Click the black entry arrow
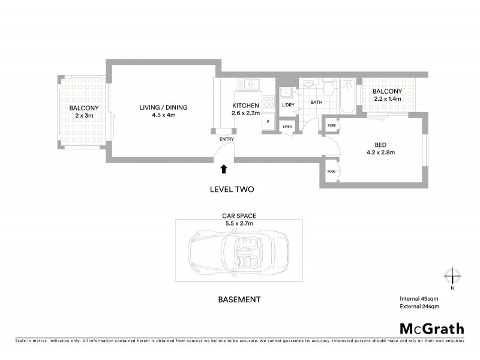224,169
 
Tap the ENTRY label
226,140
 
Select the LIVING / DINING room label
163,107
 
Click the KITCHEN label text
245,106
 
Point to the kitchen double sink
247,85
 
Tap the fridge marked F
268,122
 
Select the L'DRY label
289,106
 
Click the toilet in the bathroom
328,90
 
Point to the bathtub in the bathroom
347,95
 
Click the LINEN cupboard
287,127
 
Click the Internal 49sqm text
419,298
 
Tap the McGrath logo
431,328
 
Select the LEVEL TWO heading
232,189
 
